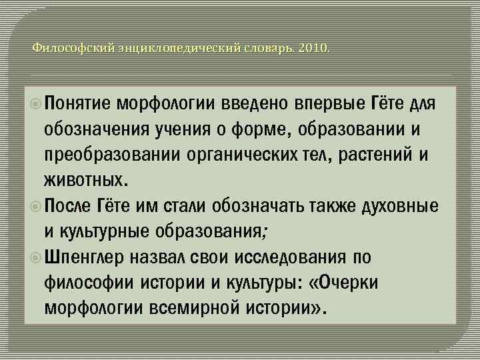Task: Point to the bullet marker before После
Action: pos(37,206)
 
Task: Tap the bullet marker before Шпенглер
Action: pos(37,257)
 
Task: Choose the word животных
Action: pos(83,181)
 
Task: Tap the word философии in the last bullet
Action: pos(90,283)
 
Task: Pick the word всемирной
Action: pos(205,308)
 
